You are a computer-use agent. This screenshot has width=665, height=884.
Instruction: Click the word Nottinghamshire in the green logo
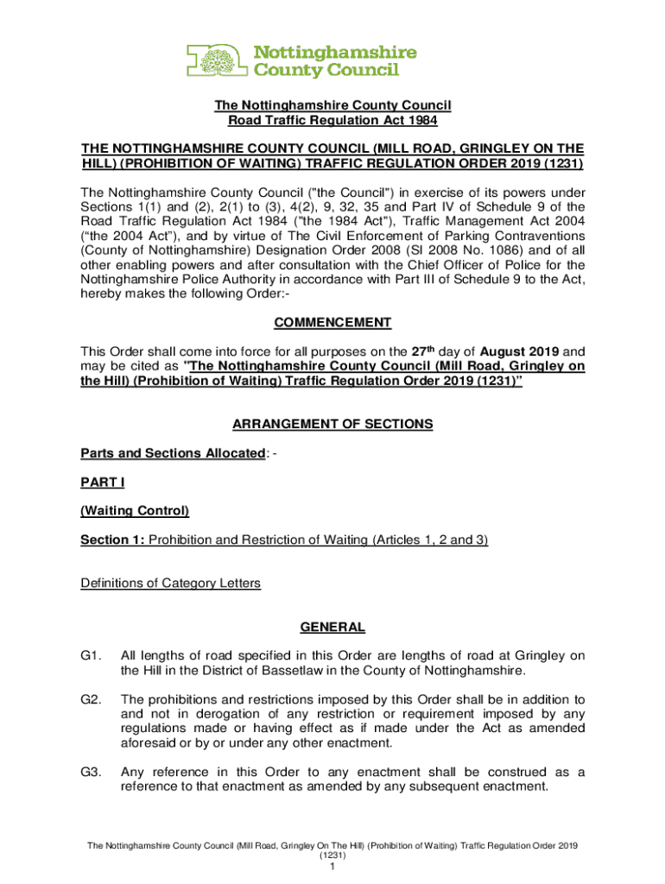pos(334,52)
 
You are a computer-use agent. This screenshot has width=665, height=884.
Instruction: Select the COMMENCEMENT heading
pos(332,323)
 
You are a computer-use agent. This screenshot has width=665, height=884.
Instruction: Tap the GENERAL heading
pos(332,628)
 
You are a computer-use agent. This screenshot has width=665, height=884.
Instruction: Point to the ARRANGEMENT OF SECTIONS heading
pos(332,424)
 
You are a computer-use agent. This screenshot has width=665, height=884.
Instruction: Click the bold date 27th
pos(437,351)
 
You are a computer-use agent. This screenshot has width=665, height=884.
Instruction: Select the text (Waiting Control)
pos(135,511)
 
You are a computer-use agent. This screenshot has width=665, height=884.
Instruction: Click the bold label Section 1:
pos(113,540)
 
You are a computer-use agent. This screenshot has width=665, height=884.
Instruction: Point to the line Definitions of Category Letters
pos(170,584)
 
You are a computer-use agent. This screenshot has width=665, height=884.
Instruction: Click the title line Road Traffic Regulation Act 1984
pos(332,121)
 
